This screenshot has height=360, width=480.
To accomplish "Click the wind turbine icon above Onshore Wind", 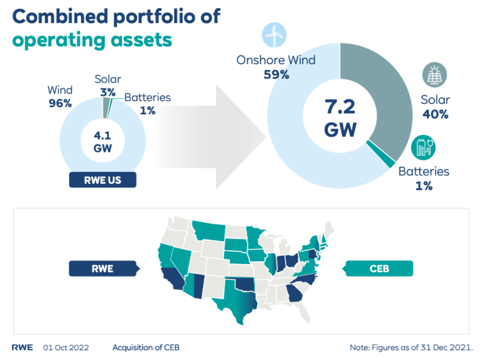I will click(x=274, y=35).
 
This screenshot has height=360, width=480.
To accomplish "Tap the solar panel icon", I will click(x=434, y=75).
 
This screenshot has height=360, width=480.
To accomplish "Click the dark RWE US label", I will click(x=102, y=180).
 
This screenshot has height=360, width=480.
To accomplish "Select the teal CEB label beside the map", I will click(x=380, y=269).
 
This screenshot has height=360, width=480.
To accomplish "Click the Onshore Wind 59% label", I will click(x=276, y=67).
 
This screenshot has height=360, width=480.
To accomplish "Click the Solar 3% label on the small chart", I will click(x=107, y=85).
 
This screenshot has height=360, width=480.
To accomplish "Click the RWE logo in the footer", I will click(x=22, y=347).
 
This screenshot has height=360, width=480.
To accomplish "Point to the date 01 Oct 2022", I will click(x=66, y=347).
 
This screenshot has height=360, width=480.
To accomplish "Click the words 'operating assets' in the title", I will click(x=92, y=40).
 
